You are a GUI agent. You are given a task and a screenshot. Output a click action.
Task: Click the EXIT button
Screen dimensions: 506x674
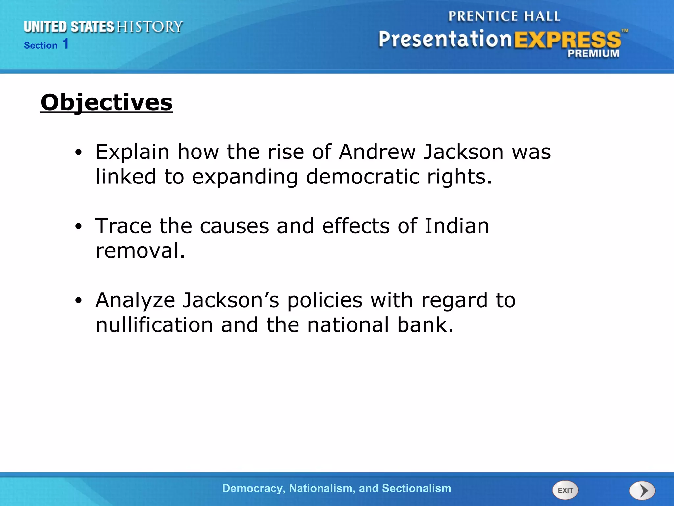click(565, 490)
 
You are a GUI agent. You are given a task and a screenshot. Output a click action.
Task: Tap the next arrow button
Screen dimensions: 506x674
click(642, 491)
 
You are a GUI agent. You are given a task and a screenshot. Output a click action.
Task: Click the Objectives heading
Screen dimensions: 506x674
click(107, 102)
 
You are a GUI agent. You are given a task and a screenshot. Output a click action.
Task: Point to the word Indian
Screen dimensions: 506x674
click(456, 226)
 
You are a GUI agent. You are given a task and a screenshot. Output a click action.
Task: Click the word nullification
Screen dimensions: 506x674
click(154, 325)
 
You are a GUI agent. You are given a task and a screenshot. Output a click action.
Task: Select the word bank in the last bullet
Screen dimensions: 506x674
click(425, 325)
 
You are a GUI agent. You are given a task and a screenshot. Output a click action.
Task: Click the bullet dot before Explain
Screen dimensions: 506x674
click(78, 153)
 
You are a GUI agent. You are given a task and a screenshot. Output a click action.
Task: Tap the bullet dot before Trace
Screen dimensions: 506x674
click(78, 227)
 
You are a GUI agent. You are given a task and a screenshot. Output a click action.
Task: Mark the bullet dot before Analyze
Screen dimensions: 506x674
click(78, 301)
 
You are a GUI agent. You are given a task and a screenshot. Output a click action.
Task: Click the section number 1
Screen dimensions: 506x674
click(65, 44)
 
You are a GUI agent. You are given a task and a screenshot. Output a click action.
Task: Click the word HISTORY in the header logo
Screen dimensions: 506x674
click(150, 27)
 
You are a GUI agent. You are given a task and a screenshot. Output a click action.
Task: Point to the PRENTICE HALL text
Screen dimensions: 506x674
click(504, 16)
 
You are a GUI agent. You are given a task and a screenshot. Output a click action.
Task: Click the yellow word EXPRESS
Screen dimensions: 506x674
click(567, 40)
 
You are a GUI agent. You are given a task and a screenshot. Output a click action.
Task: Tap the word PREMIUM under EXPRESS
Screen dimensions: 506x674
click(593, 53)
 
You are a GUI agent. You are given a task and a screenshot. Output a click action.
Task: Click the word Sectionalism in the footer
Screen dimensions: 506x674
click(416, 488)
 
